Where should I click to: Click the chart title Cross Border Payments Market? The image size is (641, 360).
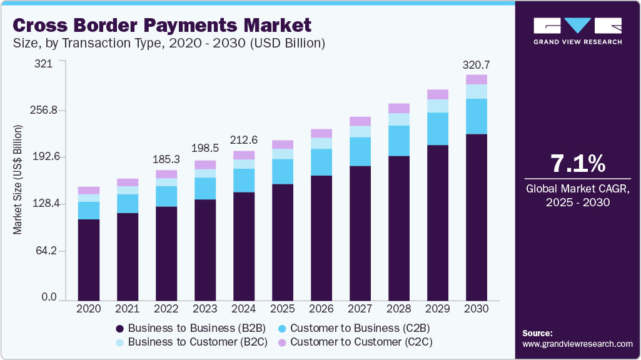161,25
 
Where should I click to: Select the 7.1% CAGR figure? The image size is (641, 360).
577,164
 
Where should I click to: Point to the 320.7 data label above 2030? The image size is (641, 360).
476,64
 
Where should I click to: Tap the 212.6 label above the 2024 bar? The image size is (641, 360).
244,141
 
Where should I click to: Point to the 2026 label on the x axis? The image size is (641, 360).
321,309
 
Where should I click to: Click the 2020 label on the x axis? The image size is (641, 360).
88,309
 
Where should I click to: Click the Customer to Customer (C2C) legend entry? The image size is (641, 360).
355,342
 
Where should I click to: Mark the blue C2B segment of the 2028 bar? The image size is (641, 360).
399,141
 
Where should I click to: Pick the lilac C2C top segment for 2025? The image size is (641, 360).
283,144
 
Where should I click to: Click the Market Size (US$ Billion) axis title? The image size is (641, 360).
18,180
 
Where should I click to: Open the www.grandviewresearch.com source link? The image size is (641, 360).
577,344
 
